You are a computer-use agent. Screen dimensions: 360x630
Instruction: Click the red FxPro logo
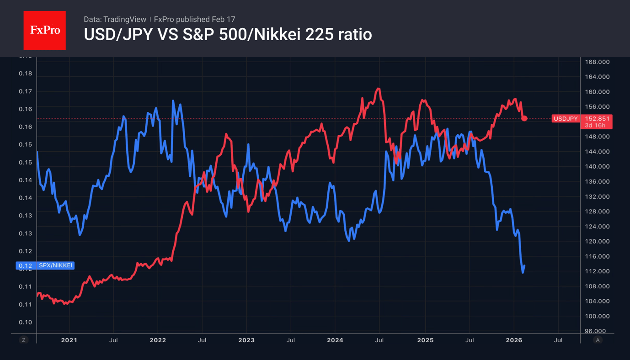[44, 30]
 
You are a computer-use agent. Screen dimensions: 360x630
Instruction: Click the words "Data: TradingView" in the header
[115, 19]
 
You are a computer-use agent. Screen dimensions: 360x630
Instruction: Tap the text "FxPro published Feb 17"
[194, 19]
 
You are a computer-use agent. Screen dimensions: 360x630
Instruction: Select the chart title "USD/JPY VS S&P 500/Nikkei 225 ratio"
[228, 34]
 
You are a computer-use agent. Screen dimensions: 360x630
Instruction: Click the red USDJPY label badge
[566, 118]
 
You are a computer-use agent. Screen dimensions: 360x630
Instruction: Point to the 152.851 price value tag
[597, 118]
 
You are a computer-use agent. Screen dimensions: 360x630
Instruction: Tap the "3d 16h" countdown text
[595, 125]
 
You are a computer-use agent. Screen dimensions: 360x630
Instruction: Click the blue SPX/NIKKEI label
[55, 265]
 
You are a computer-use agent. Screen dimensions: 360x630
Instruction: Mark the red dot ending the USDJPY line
[524, 118]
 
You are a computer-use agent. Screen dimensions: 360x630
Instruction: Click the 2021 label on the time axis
[69, 340]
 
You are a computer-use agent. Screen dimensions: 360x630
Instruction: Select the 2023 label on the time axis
[246, 340]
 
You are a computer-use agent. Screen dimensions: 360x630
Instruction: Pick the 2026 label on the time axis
[514, 340]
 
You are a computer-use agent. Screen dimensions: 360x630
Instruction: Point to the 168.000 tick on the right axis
[597, 62]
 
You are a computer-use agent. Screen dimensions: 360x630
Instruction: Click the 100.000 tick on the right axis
[597, 316]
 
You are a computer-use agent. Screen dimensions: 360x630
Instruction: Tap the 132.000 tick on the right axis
[597, 196]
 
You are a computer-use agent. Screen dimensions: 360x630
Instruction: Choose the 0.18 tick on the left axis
[25, 74]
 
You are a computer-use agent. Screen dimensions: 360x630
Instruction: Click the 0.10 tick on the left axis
[25, 322]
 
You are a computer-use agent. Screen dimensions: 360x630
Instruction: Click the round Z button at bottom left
[24, 340]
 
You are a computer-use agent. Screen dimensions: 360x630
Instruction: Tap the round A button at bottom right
[597, 340]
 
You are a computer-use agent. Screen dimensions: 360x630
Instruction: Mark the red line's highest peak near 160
[378, 89]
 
